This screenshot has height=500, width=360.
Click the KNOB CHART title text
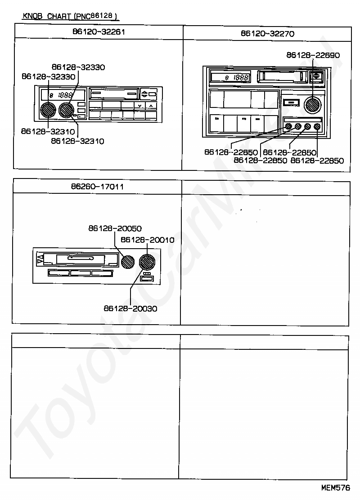pos(70,17)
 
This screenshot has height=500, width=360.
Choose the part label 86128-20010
pos(148,240)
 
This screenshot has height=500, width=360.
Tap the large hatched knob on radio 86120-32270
pos(312,105)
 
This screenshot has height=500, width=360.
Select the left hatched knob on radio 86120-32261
pos(47,110)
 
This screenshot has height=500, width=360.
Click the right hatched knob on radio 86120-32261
pos(66,110)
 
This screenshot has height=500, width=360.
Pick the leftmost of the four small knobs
pos(288,127)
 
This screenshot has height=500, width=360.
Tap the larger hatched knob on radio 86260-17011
pos(146,261)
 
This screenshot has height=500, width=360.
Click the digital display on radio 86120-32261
pos(62,95)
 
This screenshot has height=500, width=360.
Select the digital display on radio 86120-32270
pos(231,77)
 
